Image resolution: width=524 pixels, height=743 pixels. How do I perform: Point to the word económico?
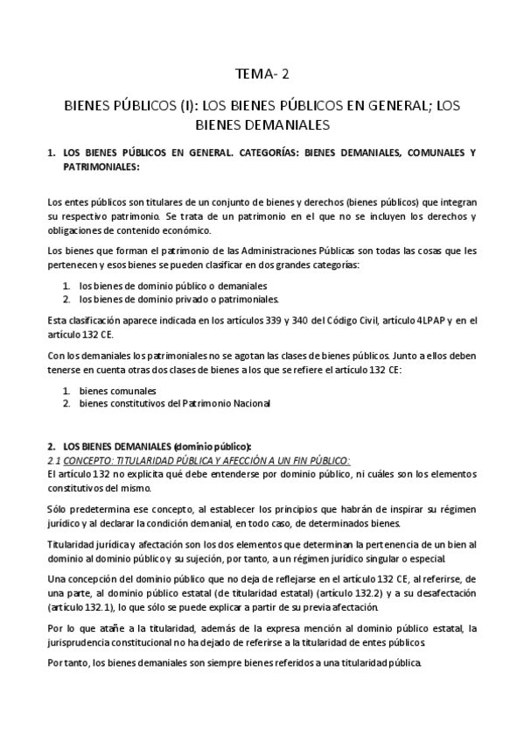[x=185, y=231]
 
